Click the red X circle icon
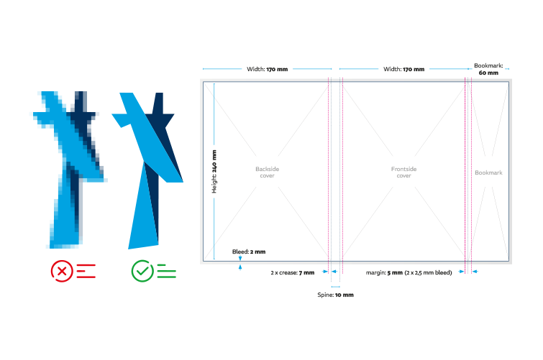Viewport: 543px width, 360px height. [x=63, y=271]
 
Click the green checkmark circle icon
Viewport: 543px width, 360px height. [x=142, y=271]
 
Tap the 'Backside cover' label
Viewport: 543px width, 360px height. [x=267, y=172]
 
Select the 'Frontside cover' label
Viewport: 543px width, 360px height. [x=403, y=172]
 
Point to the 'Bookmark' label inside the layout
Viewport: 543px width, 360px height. [x=488, y=173]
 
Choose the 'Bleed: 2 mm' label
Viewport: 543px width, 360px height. [x=249, y=252]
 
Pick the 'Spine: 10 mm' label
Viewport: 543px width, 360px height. [x=336, y=295]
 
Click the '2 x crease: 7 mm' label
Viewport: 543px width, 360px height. [x=293, y=272]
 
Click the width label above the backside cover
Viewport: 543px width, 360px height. [x=267, y=70]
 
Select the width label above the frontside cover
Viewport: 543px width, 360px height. [x=403, y=70]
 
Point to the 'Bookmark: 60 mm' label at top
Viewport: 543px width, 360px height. [x=488, y=69]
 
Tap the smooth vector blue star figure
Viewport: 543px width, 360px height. [x=147, y=169]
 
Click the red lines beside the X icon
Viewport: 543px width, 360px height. [x=86, y=271]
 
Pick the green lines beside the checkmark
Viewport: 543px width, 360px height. [x=165, y=271]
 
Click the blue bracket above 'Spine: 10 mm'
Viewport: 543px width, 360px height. [x=336, y=285]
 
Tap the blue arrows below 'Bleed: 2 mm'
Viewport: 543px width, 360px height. [x=239, y=267]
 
